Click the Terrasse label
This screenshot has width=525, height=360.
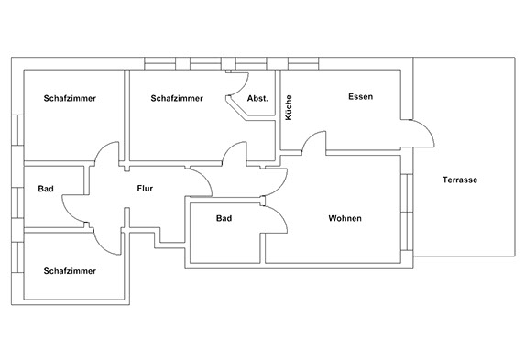460,180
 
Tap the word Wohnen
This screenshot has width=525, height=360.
345,218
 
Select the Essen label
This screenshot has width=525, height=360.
360,97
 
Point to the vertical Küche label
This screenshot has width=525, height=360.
289,107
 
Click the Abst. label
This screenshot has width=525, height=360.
257,98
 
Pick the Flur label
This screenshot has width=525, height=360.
145,189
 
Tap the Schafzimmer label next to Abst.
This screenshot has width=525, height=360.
177,98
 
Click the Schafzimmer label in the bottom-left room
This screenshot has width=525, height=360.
70,271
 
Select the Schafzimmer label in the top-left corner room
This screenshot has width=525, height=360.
70,98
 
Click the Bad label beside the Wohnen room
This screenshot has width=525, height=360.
224,218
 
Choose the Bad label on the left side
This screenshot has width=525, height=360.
46,189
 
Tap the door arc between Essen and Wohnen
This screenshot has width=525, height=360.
310,136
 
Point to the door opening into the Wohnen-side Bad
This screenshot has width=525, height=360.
280,214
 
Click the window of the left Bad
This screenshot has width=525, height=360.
17,203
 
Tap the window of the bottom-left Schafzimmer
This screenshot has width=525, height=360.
17,257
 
